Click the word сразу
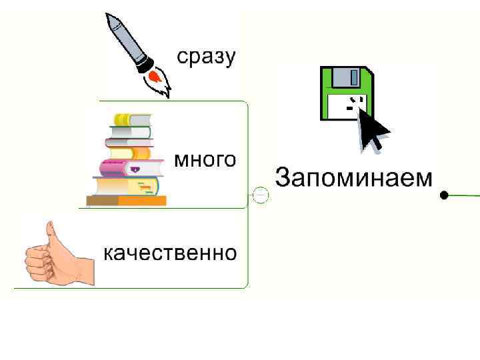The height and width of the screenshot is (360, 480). (206, 57)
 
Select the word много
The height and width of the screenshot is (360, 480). (205, 160)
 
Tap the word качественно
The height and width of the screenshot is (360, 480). (169, 253)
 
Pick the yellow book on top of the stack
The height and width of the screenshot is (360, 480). (131, 119)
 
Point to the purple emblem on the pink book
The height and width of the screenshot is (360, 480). (135, 170)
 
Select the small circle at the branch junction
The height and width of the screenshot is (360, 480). (261, 195)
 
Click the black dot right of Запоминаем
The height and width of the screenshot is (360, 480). (444, 195)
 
